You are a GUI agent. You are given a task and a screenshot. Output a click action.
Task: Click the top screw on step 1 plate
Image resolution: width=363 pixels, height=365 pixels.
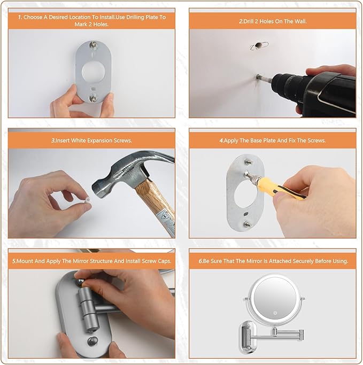(x=94, y=44)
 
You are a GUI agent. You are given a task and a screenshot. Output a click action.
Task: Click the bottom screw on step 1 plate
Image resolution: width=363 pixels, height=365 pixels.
(x=94, y=98)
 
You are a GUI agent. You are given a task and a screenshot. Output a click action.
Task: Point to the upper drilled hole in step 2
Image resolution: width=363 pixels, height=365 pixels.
(x=258, y=45)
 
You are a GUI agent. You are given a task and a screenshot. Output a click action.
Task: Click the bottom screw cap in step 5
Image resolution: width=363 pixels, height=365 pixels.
(x=92, y=341)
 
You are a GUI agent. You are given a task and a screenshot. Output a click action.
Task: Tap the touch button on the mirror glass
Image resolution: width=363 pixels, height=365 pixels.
(x=275, y=313)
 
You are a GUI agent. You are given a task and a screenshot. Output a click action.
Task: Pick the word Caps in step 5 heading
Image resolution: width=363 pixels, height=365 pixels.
(x=164, y=261)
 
